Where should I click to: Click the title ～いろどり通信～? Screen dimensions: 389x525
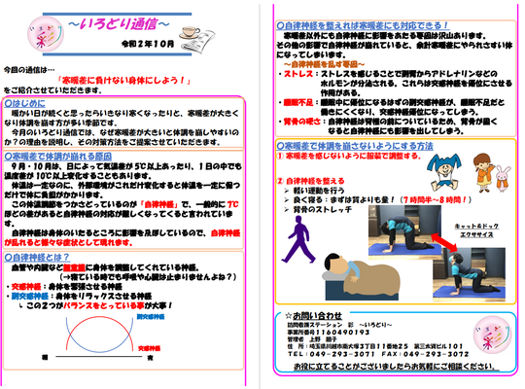click(121, 21)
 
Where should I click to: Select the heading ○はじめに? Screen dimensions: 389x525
click(27, 100)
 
